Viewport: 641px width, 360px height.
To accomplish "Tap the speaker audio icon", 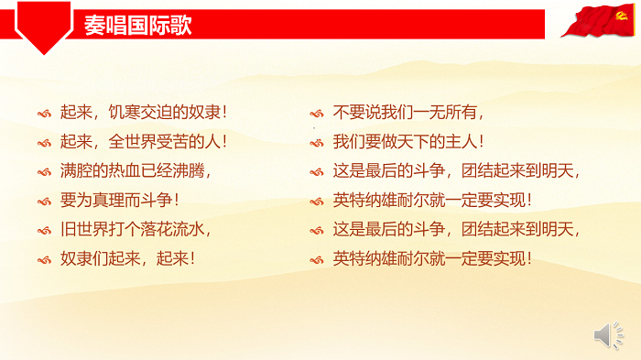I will [608, 335].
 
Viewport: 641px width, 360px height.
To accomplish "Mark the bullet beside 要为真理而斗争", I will [44, 200].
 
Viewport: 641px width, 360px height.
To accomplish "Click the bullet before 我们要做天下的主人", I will [317, 143].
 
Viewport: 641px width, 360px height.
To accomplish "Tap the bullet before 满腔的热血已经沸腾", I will [44, 171].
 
